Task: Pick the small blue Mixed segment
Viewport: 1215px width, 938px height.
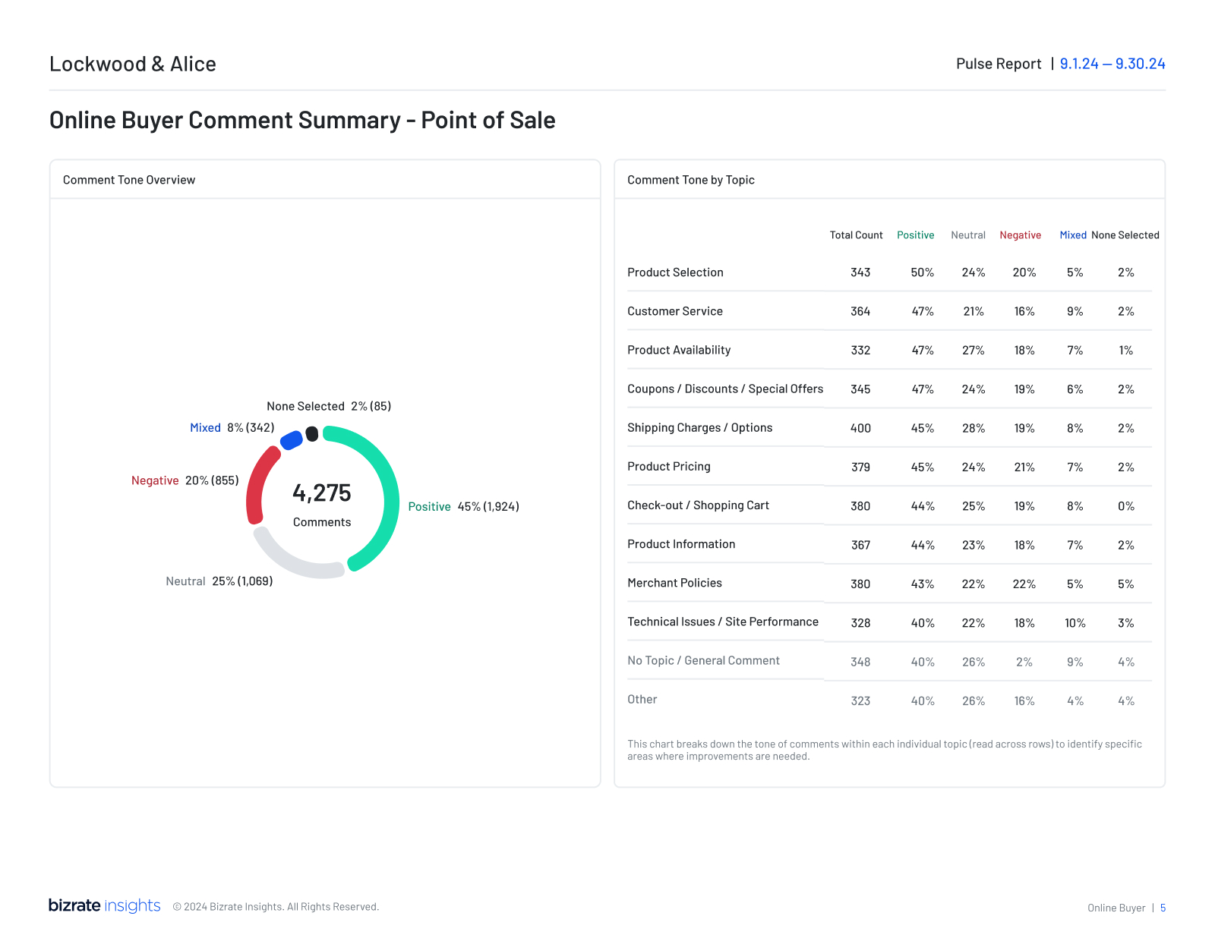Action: click(x=292, y=440)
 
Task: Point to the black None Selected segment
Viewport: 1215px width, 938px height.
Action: click(x=312, y=434)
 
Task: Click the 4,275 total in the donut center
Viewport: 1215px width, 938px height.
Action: click(x=322, y=493)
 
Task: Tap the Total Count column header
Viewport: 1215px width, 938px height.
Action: click(x=856, y=235)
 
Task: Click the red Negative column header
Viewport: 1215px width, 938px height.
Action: click(x=1020, y=235)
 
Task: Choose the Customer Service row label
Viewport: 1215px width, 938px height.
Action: click(x=674, y=311)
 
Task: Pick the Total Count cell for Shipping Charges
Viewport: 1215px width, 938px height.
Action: click(x=860, y=428)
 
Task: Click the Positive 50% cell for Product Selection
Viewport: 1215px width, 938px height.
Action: click(x=922, y=272)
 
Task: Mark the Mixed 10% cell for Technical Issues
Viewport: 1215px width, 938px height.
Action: click(x=1075, y=623)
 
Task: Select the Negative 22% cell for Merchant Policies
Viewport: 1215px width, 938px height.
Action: click(x=1024, y=584)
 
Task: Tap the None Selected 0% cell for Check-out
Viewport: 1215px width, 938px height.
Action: click(x=1125, y=506)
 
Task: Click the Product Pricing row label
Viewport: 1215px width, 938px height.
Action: click(x=668, y=467)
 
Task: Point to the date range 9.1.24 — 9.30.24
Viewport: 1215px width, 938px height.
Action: click(x=1112, y=64)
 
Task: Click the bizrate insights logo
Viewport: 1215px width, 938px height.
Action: click(x=105, y=905)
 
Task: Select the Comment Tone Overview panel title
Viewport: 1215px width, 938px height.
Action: click(x=129, y=180)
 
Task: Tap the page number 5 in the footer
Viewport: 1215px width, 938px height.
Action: click(x=1163, y=908)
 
